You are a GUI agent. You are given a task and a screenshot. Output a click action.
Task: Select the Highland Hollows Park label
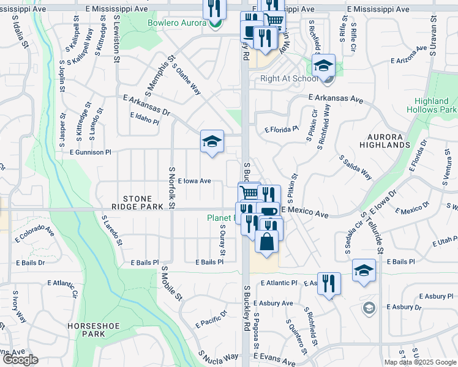[x=431, y=105]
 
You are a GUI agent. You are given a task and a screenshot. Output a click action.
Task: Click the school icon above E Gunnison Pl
[x=212, y=143]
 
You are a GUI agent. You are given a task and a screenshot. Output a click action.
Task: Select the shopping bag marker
[x=266, y=241]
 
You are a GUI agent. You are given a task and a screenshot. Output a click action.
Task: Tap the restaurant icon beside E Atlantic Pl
[x=329, y=283]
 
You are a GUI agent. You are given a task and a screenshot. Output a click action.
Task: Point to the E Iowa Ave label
[x=194, y=181]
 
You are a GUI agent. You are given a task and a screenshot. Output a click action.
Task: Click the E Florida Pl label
[x=281, y=130]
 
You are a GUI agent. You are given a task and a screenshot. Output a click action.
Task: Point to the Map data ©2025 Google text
[x=419, y=362]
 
